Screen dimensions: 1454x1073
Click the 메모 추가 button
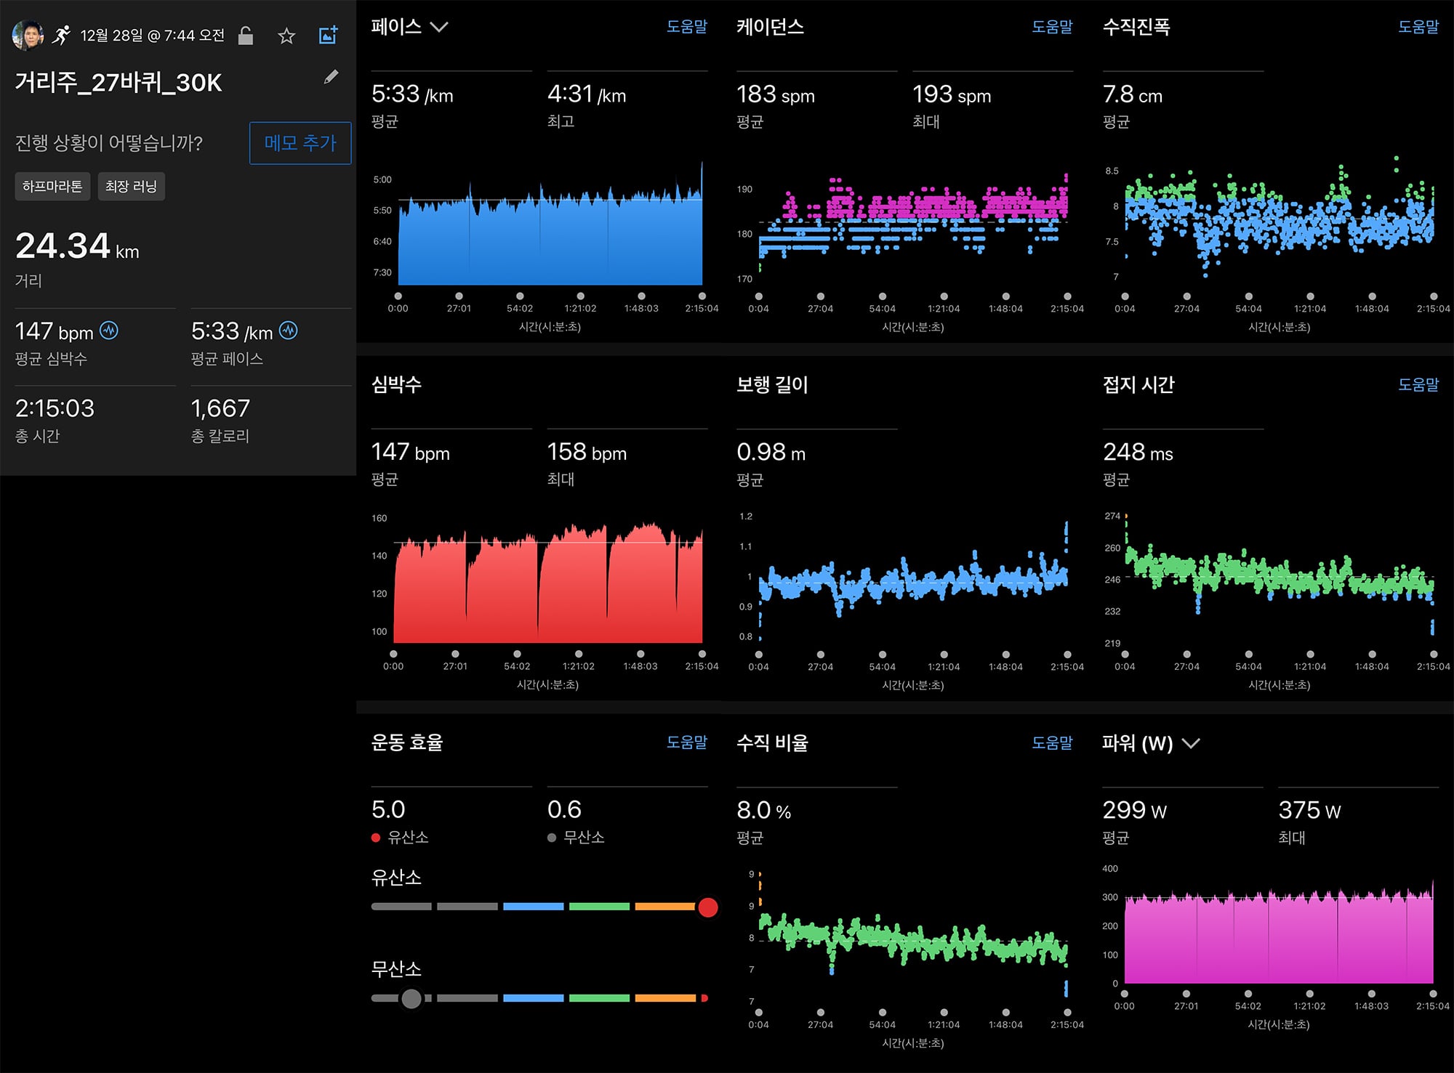coord(300,143)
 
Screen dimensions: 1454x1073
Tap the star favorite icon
coord(286,36)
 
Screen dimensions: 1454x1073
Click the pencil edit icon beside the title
coord(331,77)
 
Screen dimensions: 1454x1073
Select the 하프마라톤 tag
coord(52,187)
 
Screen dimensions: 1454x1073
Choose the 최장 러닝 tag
coord(131,187)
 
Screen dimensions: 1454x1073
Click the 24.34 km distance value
coord(77,246)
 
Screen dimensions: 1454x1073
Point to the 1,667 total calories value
coord(220,408)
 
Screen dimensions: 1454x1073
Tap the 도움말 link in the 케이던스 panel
coord(1052,27)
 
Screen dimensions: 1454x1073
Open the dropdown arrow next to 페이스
coord(439,28)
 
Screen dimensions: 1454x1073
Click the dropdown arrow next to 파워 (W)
coord(1190,743)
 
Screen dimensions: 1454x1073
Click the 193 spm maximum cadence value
coord(952,94)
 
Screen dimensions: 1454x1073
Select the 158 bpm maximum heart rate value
coord(587,452)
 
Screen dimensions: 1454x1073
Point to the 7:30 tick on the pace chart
coord(382,272)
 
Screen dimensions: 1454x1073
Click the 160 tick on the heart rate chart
coord(379,518)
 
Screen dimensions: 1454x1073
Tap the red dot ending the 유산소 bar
coord(708,907)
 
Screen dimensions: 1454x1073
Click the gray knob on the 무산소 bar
coord(411,999)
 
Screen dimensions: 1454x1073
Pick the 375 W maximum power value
coord(1309,810)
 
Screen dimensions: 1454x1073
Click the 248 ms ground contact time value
coord(1138,452)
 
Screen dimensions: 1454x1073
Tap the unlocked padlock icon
coord(246,36)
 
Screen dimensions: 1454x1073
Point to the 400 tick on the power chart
coord(1110,869)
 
